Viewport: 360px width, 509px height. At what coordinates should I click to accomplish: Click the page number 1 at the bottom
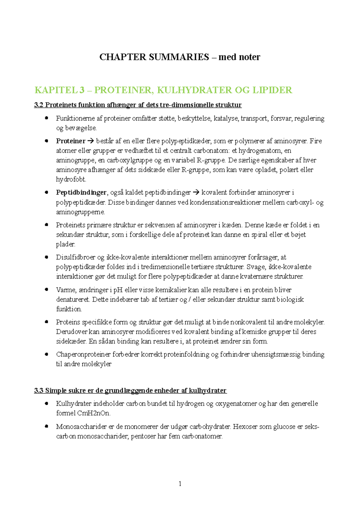[180, 484]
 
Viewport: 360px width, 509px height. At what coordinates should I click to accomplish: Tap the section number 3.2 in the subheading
[39, 105]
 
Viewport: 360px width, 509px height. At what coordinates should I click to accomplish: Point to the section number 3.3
[39, 391]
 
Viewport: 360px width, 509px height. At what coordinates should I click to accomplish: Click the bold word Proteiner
[70, 141]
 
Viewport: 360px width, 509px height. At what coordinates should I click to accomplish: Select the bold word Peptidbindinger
[81, 192]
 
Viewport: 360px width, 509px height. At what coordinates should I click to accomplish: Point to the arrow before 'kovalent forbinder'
[196, 192]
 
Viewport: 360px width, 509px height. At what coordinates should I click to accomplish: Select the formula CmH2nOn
[93, 413]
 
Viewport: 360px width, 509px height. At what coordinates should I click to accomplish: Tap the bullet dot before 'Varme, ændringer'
[46, 290]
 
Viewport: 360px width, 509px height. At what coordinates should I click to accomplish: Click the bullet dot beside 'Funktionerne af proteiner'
[46, 118]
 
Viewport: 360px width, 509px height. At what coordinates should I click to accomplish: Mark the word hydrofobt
[71, 180]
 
